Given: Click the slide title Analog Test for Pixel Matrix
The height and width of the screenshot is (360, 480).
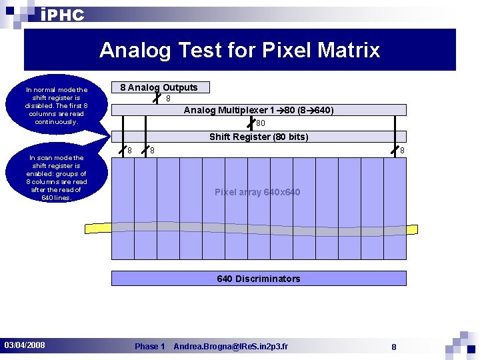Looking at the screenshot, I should pos(239,50).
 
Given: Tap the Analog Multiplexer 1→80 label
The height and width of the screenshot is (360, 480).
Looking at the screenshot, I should pos(259,110).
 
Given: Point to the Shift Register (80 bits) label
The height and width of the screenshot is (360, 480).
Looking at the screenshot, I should pos(259,137).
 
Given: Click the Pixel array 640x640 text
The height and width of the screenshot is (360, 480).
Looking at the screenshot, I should pos(257,192).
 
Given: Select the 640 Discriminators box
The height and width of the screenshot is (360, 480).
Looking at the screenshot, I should pos(259,279).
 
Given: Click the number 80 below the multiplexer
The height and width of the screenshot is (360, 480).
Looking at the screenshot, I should pos(261,123).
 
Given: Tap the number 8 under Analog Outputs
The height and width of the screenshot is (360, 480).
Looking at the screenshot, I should pos(168,99).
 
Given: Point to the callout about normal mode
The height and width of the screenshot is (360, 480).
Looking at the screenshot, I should pos(57,105).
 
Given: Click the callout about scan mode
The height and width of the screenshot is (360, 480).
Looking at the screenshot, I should pos(57,177).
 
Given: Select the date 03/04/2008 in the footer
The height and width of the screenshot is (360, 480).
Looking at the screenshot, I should pos(25,345).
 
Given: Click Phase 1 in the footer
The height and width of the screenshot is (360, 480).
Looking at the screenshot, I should pos(149,346).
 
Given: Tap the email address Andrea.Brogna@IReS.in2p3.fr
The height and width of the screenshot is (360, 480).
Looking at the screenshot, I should pos(231,346).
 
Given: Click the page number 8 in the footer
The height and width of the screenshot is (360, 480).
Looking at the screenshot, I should pos(394,347).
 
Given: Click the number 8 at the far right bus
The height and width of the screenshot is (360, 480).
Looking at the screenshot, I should pos(402,151).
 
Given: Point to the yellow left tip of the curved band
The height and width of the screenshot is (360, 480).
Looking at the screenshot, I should pos(93,227).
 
